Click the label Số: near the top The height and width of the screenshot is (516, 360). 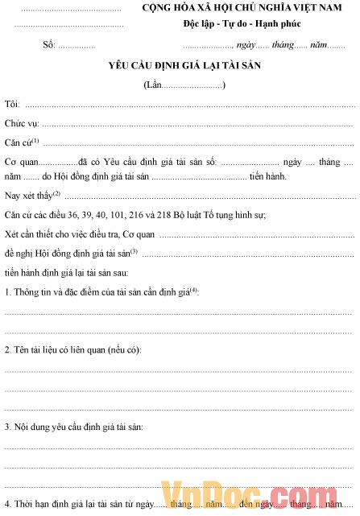[x=48, y=45]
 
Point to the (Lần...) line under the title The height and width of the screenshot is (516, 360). [x=184, y=85]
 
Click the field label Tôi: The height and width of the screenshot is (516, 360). [x=12, y=105]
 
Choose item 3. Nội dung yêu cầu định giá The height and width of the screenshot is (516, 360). [x=74, y=426]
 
